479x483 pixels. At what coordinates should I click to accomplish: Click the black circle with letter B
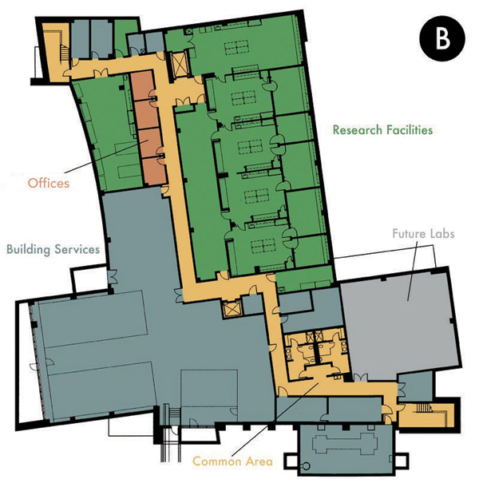(x=442, y=38)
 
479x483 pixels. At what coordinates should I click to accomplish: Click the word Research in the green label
(x=358, y=130)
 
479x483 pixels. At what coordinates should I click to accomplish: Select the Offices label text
(x=49, y=183)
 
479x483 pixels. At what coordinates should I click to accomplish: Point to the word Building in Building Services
(x=28, y=250)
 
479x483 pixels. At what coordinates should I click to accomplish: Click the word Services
(x=77, y=249)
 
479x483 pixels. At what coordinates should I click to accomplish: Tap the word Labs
(x=441, y=233)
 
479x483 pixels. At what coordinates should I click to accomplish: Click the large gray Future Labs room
(x=401, y=323)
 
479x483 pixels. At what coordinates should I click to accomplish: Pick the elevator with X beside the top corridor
(x=179, y=63)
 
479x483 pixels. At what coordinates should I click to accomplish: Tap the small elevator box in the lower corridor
(x=232, y=309)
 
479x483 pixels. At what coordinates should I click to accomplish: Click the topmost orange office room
(x=142, y=86)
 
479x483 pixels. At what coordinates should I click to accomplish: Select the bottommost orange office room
(x=154, y=172)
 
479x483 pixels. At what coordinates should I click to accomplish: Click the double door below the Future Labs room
(x=360, y=378)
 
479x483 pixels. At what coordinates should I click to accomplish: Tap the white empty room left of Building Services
(x=89, y=279)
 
